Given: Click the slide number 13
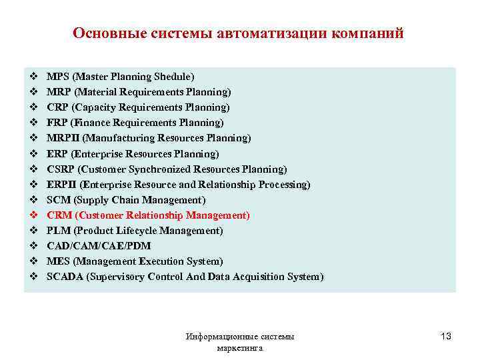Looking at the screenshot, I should (x=445, y=337).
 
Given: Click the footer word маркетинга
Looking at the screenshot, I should (x=240, y=348).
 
